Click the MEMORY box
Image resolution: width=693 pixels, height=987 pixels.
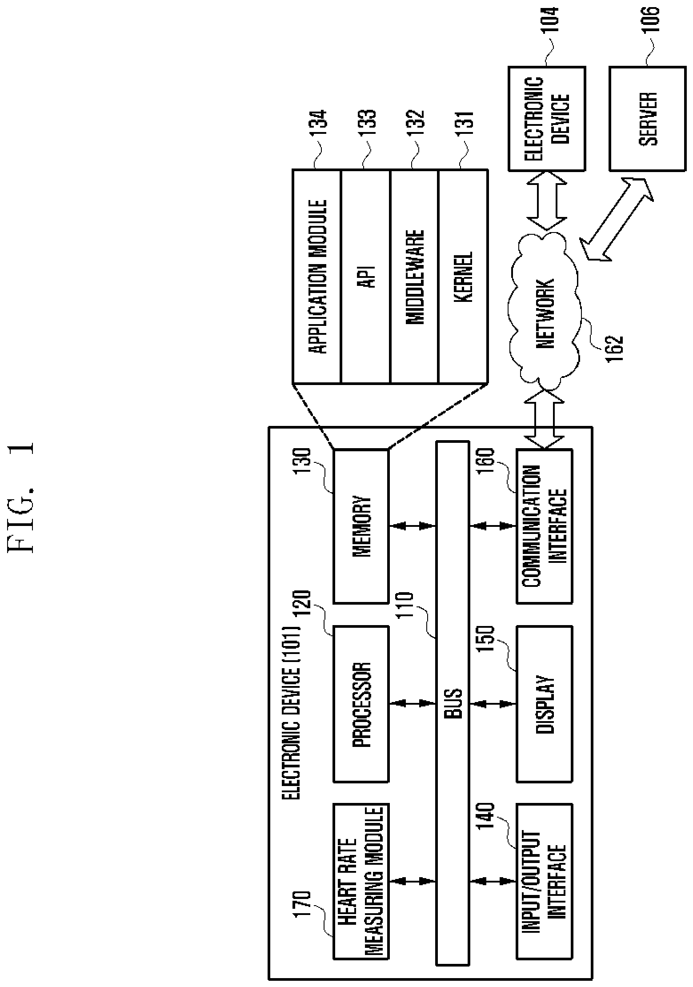tap(361, 526)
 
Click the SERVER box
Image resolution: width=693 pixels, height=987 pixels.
tap(647, 119)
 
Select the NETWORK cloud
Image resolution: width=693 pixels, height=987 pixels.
tap(545, 311)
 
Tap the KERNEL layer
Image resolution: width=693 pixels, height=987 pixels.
tap(462, 276)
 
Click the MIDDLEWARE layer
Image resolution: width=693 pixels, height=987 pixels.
tap(413, 276)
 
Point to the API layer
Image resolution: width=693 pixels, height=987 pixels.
tap(365, 276)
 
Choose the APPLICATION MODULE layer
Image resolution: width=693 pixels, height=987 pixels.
tap(316, 276)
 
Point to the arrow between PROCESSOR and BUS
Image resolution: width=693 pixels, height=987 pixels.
tap(412, 703)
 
